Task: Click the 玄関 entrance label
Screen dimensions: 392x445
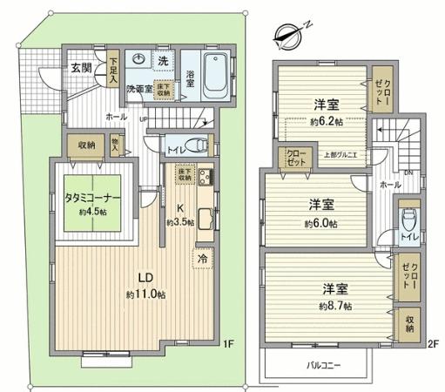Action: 81,66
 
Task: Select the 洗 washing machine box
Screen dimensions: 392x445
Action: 163,60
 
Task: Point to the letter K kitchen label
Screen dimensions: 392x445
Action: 180,208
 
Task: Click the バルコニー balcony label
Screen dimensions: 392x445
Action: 322,364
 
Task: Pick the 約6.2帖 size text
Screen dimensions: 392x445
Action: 327,122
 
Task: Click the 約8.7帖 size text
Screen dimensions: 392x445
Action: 335,306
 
